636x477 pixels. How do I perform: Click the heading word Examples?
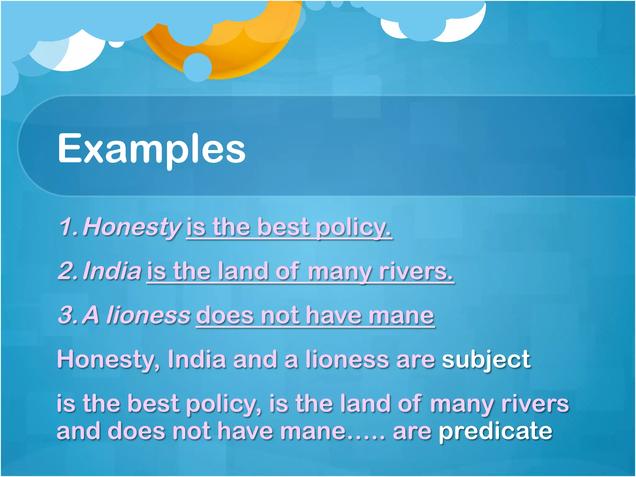[152, 148]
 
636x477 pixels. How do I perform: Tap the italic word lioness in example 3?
[148, 315]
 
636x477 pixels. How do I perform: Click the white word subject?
[486, 360]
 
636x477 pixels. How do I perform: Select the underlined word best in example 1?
[283, 227]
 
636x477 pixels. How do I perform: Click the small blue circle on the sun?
[198, 67]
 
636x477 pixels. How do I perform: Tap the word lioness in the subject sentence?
[347, 360]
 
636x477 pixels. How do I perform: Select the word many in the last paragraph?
[462, 405]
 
